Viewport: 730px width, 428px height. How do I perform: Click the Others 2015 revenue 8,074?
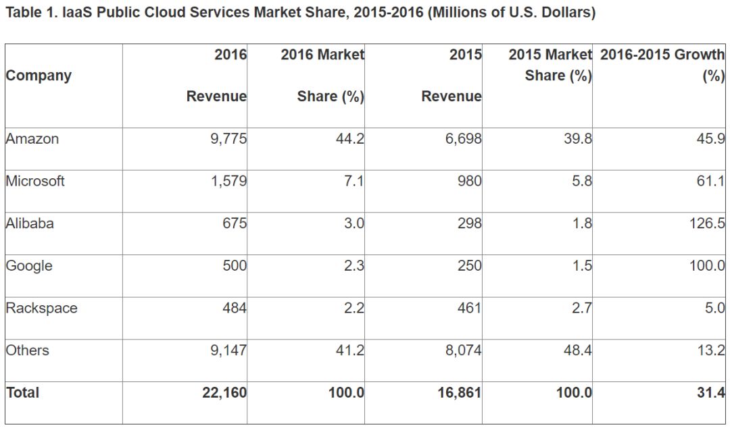(463, 350)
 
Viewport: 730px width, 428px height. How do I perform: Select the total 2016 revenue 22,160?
(224, 392)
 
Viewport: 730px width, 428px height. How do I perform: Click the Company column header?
(39, 75)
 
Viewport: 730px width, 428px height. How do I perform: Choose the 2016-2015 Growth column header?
(662, 55)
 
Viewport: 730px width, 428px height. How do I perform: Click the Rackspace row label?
(41, 308)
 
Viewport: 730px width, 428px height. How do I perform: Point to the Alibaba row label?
(30, 223)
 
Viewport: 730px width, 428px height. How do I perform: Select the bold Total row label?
(23, 392)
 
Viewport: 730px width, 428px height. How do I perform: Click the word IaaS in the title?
(69, 13)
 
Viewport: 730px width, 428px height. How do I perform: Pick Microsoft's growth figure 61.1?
(710, 181)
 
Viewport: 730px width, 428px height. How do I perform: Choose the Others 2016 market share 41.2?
(349, 350)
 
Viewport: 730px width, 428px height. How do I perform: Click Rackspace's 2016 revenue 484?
(235, 308)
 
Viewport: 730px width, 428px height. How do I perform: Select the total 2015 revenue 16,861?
(460, 392)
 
